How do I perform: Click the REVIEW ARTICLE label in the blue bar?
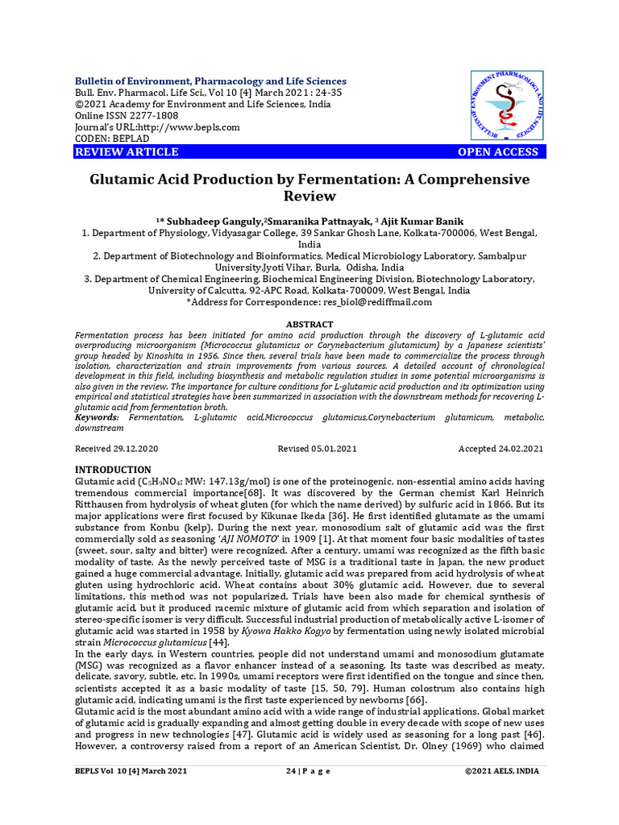click(x=127, y=152)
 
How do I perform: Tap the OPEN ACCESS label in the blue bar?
click(x=497, y=152)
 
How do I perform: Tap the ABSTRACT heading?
click(x=309, y=324)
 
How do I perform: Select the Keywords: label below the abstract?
click(x=97, y=417)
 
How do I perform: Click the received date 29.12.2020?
click(x=128, y=449)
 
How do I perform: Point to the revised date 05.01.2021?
click(x=336, y=449)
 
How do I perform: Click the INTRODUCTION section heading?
click(x=113, y=470)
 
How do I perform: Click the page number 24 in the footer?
click(x=291, y=771)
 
